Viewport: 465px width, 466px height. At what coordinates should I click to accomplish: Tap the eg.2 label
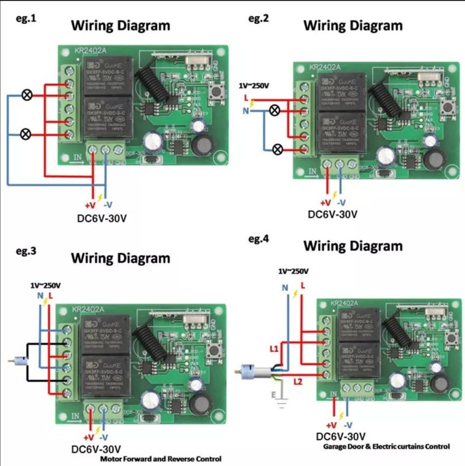tap(258, 18)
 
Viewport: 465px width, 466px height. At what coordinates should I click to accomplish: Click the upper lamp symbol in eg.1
tap(27, 95)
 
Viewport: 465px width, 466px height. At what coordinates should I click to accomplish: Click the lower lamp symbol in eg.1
tap(27, 134)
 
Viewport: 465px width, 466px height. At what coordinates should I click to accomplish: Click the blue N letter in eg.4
tap(286, 287)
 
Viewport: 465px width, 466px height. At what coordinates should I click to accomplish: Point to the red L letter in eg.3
tap(50, 295)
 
